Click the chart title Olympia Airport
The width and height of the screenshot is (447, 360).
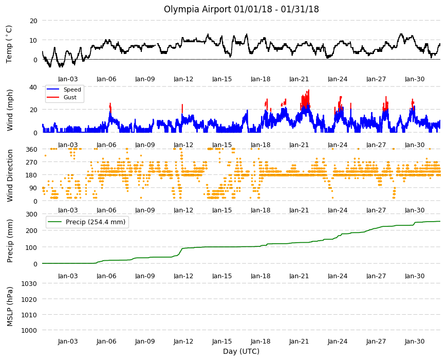[x=197, y=9]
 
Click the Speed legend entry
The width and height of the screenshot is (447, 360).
[x=72, y=89]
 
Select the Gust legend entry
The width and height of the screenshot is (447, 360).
[x=70, y=97]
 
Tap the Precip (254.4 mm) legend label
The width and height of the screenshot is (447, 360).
[x=96, y=222]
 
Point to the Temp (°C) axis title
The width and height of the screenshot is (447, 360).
[x=9, y=44]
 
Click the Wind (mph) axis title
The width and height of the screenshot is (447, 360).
[x=10, y=110]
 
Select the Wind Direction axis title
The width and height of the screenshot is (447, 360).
[x=10, y=175]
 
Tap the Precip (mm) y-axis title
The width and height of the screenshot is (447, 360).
[x=10, y=241]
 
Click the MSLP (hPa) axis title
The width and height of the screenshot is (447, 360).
[x=10, y=307]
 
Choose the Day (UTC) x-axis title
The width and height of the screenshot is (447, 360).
[x=241, y=351]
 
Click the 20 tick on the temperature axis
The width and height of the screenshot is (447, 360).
[x=33, y=21]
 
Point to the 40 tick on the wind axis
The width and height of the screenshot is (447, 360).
[x=33, y=87]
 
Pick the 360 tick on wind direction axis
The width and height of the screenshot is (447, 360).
[x=32, y=150]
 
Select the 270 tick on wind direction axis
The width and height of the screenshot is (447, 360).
[x=32, y=163]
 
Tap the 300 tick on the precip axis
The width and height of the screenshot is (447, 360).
[x=32, y=214]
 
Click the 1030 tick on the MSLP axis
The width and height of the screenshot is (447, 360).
[x=30, y=284]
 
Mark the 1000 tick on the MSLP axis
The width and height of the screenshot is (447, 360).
[x=30, y=330]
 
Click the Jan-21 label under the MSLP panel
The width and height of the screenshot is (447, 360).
[x=299, y=341]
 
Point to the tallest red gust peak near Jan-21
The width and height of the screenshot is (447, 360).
[x=308, y=91]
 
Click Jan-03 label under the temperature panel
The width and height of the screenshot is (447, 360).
[x=68, y=79]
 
